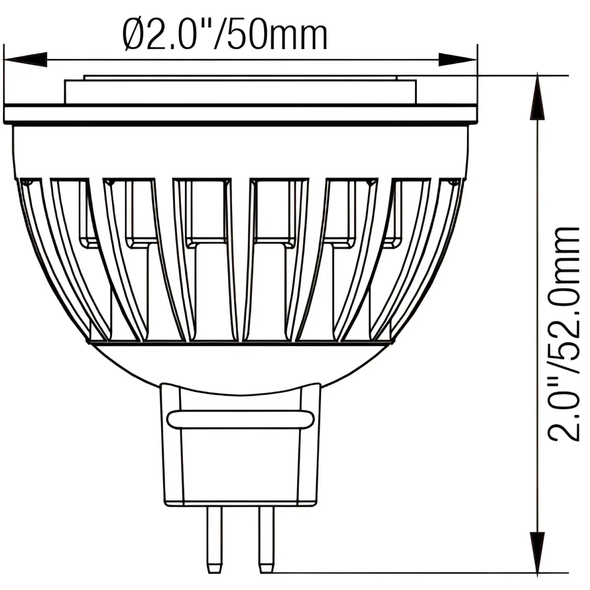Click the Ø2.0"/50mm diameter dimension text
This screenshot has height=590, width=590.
point(225,36)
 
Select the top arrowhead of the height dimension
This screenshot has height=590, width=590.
point(538,98)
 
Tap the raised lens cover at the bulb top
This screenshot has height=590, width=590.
point(240,90)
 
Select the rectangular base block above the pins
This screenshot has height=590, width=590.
point(240,464)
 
